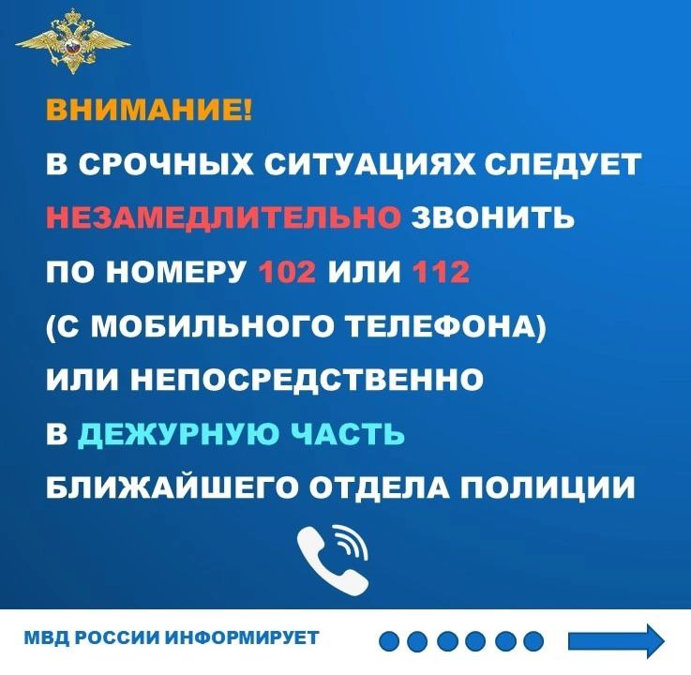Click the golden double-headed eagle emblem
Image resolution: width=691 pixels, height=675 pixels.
coord(73,42)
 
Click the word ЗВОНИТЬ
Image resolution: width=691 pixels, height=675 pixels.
coord(493,217)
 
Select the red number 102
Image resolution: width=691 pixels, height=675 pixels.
coord(288,272)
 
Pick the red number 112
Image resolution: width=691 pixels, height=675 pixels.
coord(440,272)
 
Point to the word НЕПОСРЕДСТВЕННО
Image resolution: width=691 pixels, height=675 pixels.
coord(307,380)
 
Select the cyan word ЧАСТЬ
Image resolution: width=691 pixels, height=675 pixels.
coord(348,434)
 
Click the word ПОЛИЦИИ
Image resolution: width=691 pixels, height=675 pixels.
coord(548,488)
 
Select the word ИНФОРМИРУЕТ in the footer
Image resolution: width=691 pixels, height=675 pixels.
coord(243,637)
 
